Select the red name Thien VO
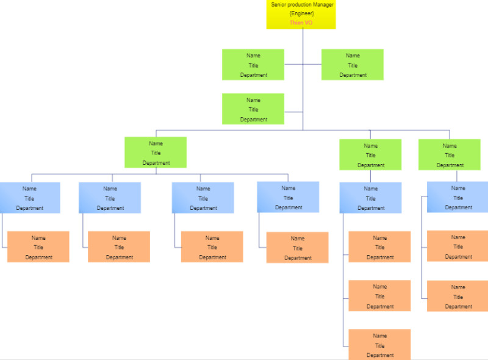301,23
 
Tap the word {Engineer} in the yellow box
301,13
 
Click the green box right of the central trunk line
353,65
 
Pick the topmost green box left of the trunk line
253,65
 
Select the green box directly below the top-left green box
253,109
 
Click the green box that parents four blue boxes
156,153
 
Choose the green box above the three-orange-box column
370,155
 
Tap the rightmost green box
450,155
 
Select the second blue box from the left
110,198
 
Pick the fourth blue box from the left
288,198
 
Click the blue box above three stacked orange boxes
370,198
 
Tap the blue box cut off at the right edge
457,197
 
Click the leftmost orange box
38,247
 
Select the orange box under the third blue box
212,247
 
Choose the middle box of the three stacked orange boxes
379,296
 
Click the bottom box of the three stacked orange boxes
379,345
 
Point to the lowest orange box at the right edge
457,297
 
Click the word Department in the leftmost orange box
38,257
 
